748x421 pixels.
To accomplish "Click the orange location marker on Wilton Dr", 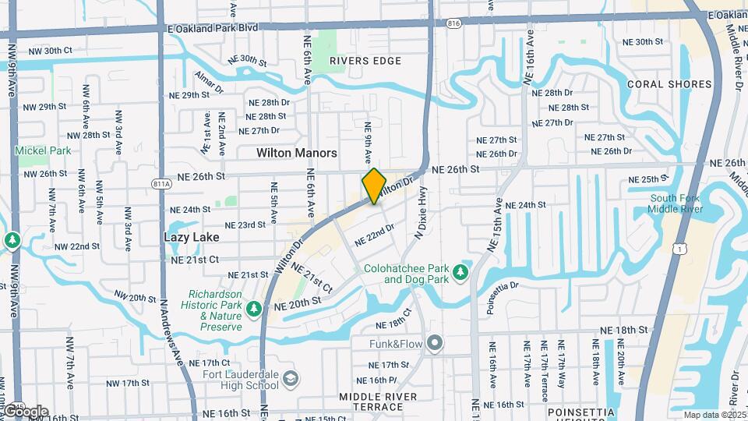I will click(x=374, y=186).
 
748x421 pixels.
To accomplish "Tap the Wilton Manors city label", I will click(x=297, y=153).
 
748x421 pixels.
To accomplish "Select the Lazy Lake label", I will click(x=191, y=236).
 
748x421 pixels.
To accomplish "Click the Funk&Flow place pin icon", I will click(x=435, y=342).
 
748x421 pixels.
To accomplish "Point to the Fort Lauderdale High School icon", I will click(x=290, y=379).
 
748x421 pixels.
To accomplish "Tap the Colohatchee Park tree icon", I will click(x=460, y=273).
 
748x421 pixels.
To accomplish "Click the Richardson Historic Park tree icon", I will click(x=254, y=310).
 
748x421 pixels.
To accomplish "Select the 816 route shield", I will click(x=453, y=24).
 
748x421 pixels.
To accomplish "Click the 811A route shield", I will click(x=161, y=183).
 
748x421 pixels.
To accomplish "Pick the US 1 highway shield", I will click(x=680, y=247).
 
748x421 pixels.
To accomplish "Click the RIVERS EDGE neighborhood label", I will click(x=365, y=61).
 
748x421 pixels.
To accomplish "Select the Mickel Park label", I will click(x=43, y=150).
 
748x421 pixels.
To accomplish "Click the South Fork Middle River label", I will click(x=675, y=203).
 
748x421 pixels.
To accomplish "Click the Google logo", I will click(x=25, y=411).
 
